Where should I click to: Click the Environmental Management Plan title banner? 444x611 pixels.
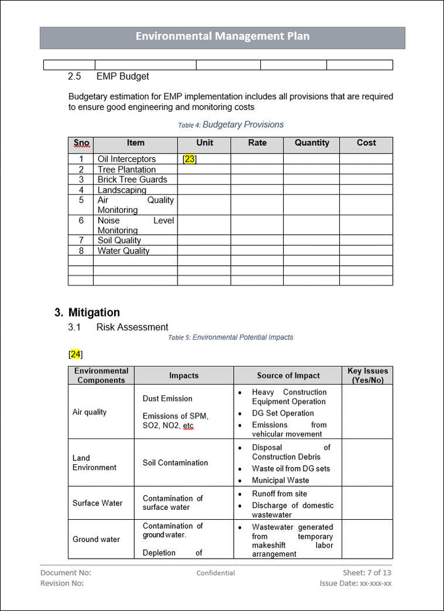[x=222, y=37]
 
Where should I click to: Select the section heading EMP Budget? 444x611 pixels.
[x=123, y=76]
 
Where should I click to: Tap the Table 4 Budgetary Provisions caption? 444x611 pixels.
[x=231, y=125]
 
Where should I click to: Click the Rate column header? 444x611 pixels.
[x=257, y=143]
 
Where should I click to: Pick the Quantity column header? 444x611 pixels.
[x=311, y=143]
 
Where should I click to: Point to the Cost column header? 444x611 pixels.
[x=366, y=143]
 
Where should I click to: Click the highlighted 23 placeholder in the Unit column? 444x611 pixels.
[x=189, y=159]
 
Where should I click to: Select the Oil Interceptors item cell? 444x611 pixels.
[x=126, y=159]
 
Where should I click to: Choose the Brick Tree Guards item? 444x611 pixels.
[x=132, y=179]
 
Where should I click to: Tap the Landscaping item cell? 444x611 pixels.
[x=122, y=190]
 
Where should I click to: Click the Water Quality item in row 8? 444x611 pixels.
[x=123, y=251]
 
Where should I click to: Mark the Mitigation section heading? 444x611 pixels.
[x=94, y=313]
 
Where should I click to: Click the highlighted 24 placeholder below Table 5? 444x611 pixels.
[x=75, y=355]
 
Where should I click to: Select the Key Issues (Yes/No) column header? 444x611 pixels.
[x=368, y=375]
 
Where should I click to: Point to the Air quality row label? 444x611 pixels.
[x=89, y=412]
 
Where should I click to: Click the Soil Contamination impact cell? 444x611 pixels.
[x=175, y=463]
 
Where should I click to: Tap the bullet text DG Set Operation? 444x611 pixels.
[x=282, y=413]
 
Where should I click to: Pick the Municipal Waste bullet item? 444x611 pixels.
[x=281, y=480]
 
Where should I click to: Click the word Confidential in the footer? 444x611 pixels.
[x=215, y=573]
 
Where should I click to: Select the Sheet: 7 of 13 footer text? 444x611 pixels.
[x=367, y=573]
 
